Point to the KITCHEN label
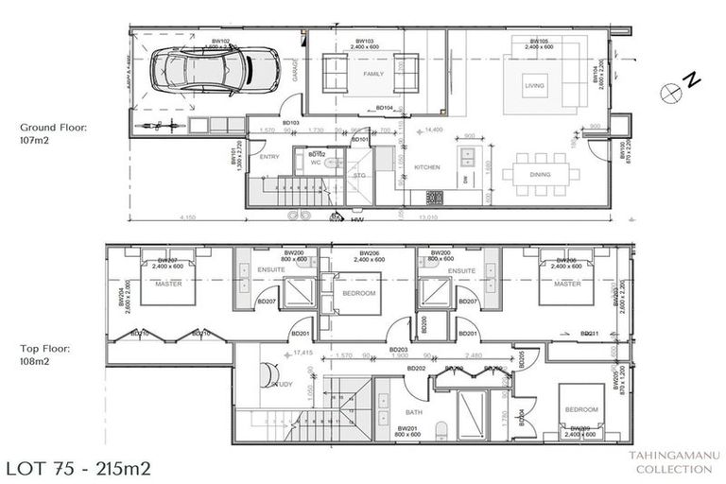(426, 167)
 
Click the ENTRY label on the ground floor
(269, 157)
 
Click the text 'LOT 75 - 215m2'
(78, 468)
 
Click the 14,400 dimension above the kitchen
(435, 130)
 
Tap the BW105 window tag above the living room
(540, 42)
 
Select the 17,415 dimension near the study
(302, 353)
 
